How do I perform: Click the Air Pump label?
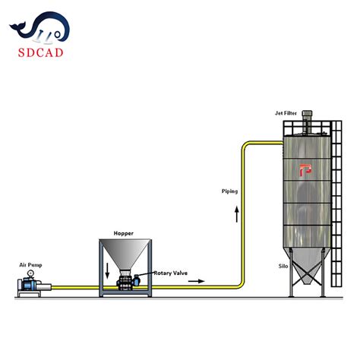30,265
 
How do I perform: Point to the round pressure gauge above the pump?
29,273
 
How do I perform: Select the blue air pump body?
31,286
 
